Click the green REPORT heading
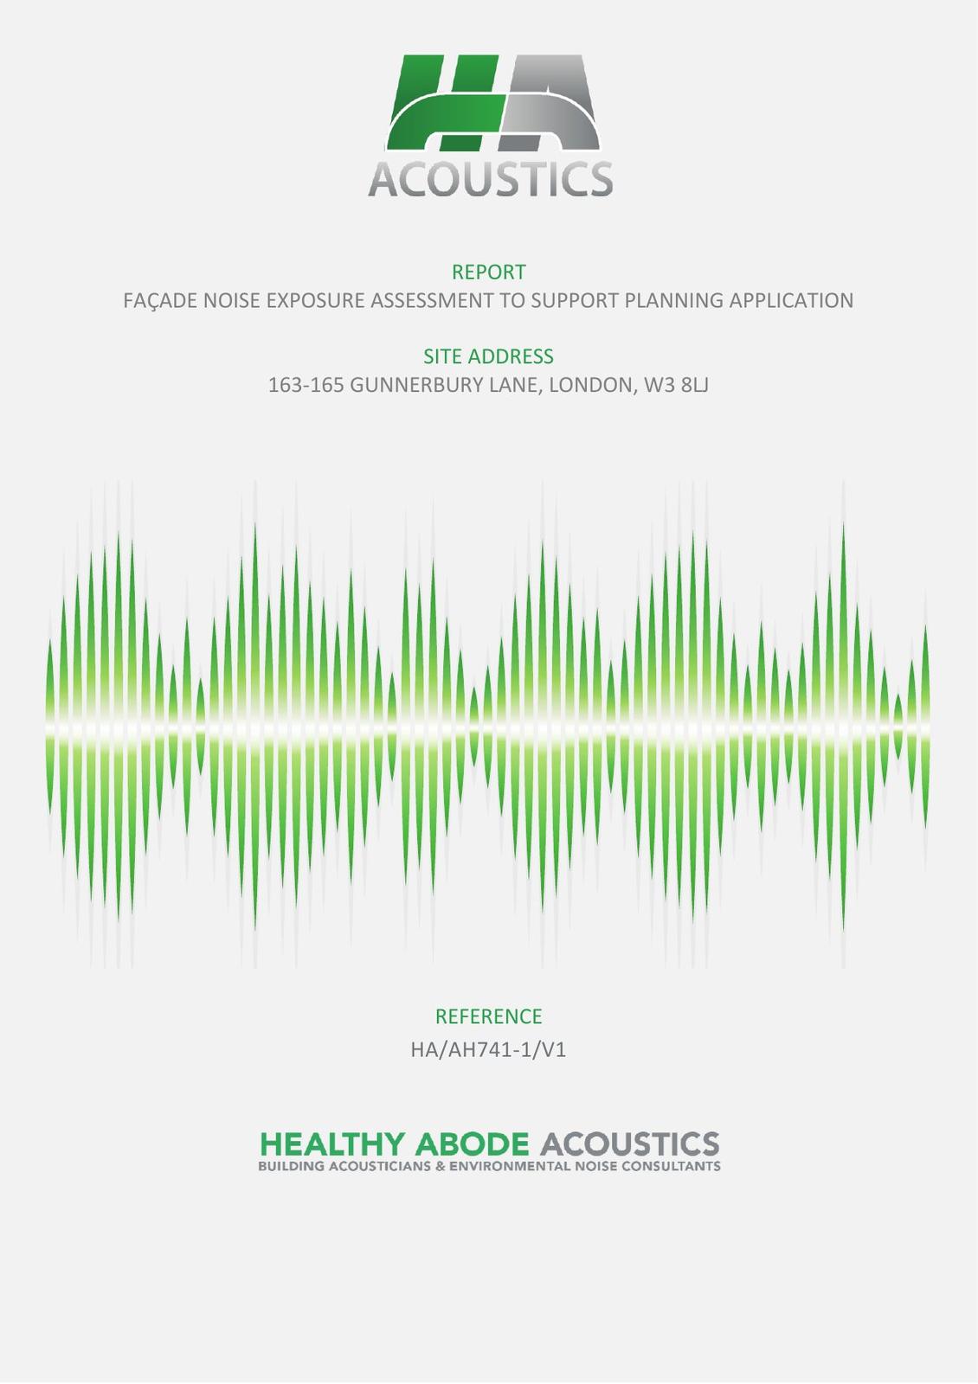488,272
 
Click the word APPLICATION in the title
791,300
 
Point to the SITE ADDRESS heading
488,356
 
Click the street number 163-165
306,385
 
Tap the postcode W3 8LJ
676,385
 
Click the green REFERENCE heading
488,1016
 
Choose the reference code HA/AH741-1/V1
488,1050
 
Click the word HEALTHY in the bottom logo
332,1144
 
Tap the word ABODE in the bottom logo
473,1144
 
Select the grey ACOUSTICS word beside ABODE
630,1144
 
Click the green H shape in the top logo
442,103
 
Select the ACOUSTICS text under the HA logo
490,179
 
